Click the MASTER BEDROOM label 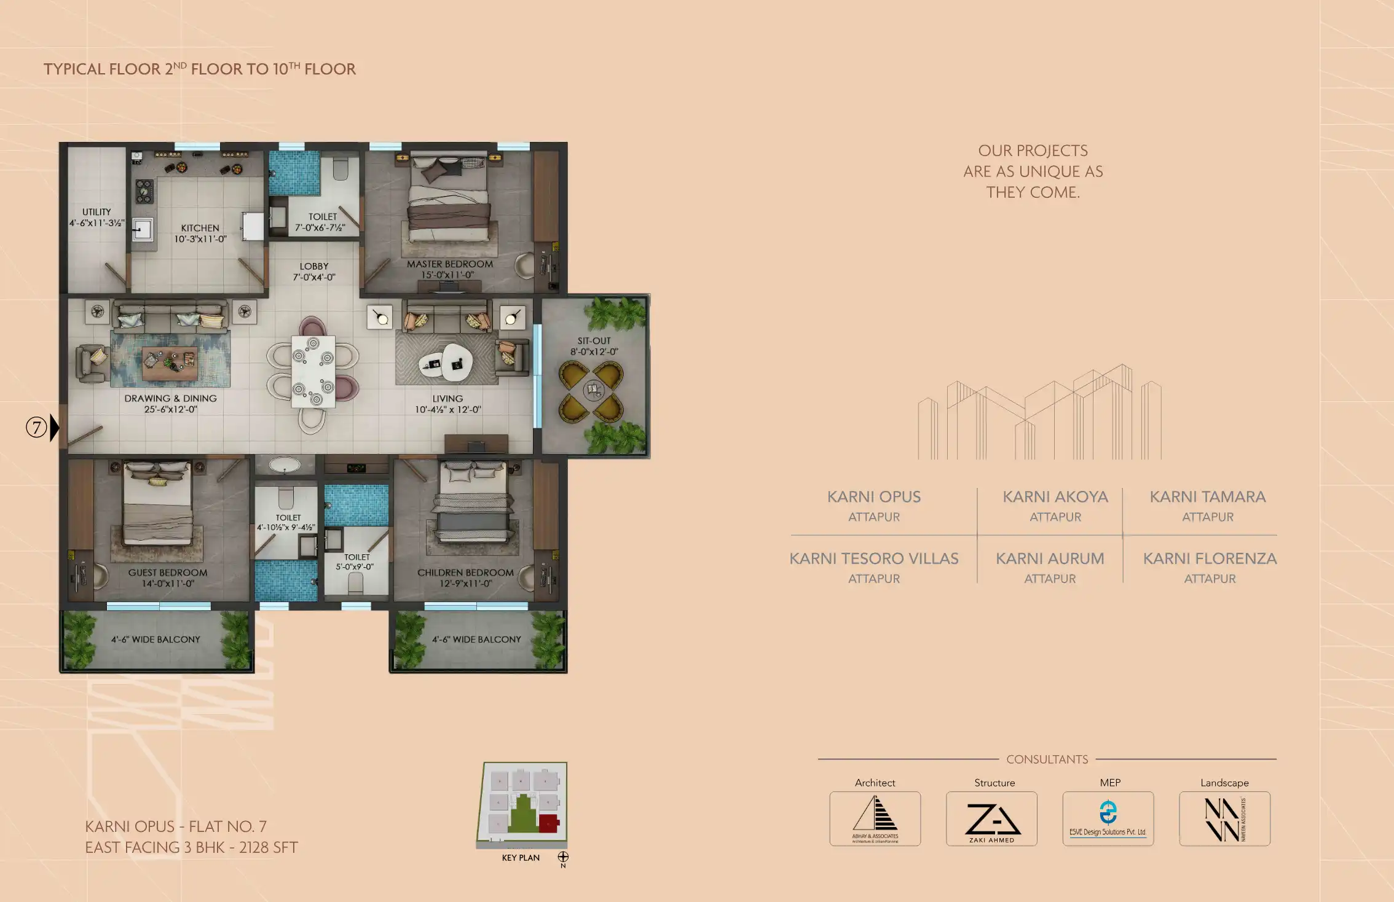pyautogui.click(x=449, y=264)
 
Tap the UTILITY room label pyautogui.click(x=96, y=212)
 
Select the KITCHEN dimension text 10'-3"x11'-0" pyautogui.click(x=200, y=239)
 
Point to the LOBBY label pyautogui.click(x=313, y=266)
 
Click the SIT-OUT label pyautogui.click(x=594, y=340)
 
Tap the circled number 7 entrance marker pyautogui.click(x=36, y=427)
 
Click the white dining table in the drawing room pyautogui.click(x=313, y=371)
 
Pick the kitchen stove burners pyautogui.click(x=144, y=191)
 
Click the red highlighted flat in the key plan pyautogui.click(x=548, y=823)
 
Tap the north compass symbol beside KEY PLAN pyautogui.click(x=563, y=857)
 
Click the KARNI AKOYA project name pyautogui.click(x=1055, y=496)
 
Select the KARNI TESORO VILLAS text pyautogui.click(x=873, y=559)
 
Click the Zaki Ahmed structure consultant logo pyautogui.click(x=991, y=819)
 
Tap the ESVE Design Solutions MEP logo pyautogui.click(x=1108, y=819)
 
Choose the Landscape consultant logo pyautogui.click(x=1224, y=819)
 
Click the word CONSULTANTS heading pyautogui.click(x=1047, y=759)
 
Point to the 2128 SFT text pyautogui.click(x=269, y=847)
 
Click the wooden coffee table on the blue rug pyautogui.click(x=170, y=363)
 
